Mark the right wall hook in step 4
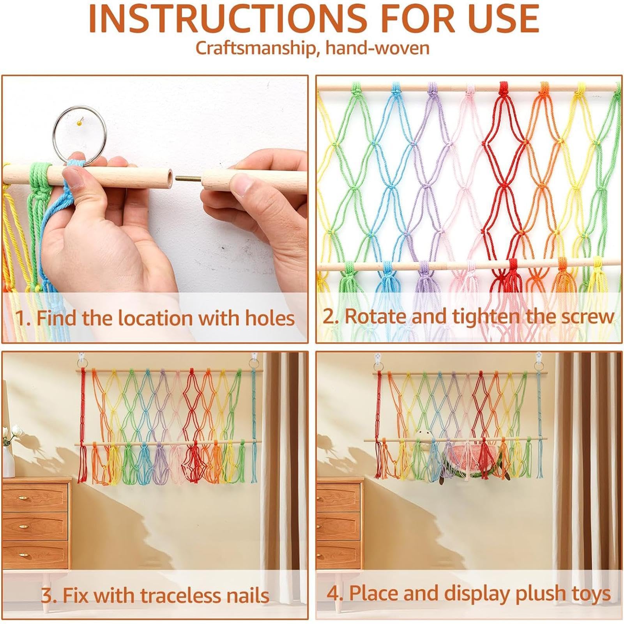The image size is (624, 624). [539, 357]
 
